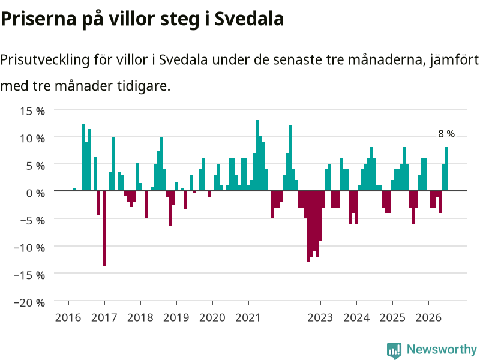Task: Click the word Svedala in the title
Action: pyautogui.click(x=249, y=19)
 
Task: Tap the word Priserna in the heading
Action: pyautogui.click(x=38, y=19)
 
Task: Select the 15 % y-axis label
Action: pyautogui.click(x=32, y=111)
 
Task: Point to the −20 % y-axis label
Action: pyautogui.click(x=29, y=302)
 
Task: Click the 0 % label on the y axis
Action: pyautogui.click(x=35, y=193)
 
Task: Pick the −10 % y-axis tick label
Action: pyautogui.click(x=29, y=248)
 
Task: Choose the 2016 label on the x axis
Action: pyautogui.click(x=68, y=317)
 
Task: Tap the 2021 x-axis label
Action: pyautogui.click(x=248, y=317)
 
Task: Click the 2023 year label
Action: pyautogui.click(x=320, y=317)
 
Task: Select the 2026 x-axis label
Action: pyautogui.click(x=428, y=317)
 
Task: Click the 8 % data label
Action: pyautogui.click(x=446, y=134)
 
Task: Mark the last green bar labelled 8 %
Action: pyautogui.click(x=446, y=169)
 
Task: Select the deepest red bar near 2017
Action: pyautogui.click(x=104, y=228)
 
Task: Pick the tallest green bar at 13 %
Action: pyautogui.click(x=257, y=155)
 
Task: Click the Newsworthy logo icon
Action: pyautogui.click(x=394, y=350)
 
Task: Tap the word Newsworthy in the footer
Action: pyautogui.click(x=442, y=349)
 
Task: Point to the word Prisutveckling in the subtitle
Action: pyautogui.click(x=45, y=59)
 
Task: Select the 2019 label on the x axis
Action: pyautogui.click(x=176, y=317)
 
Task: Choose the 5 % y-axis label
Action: pyautogui.click(x=35, y=166)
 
